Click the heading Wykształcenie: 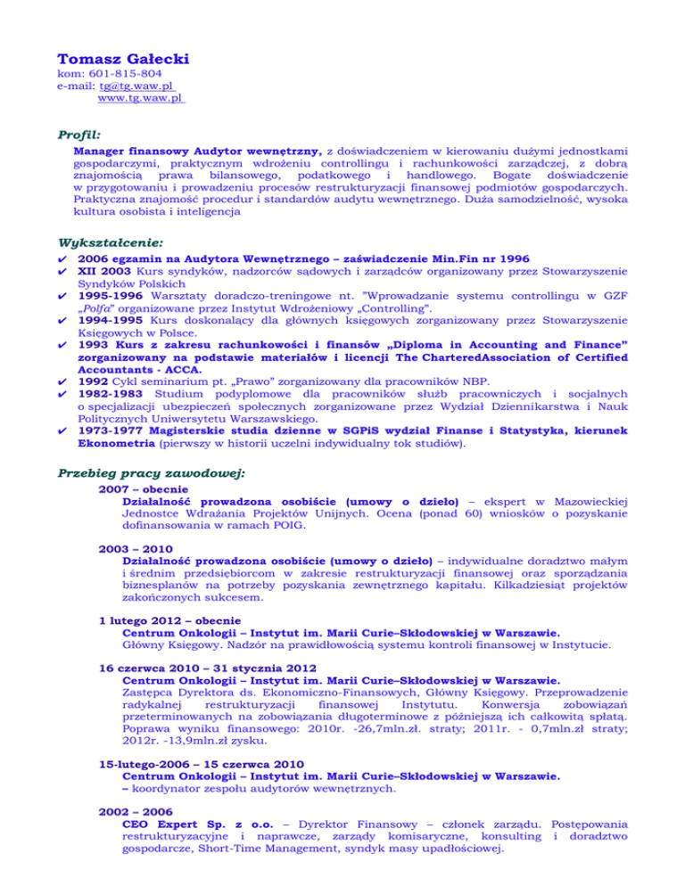pos(106,242)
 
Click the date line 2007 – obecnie pos(136,489)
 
